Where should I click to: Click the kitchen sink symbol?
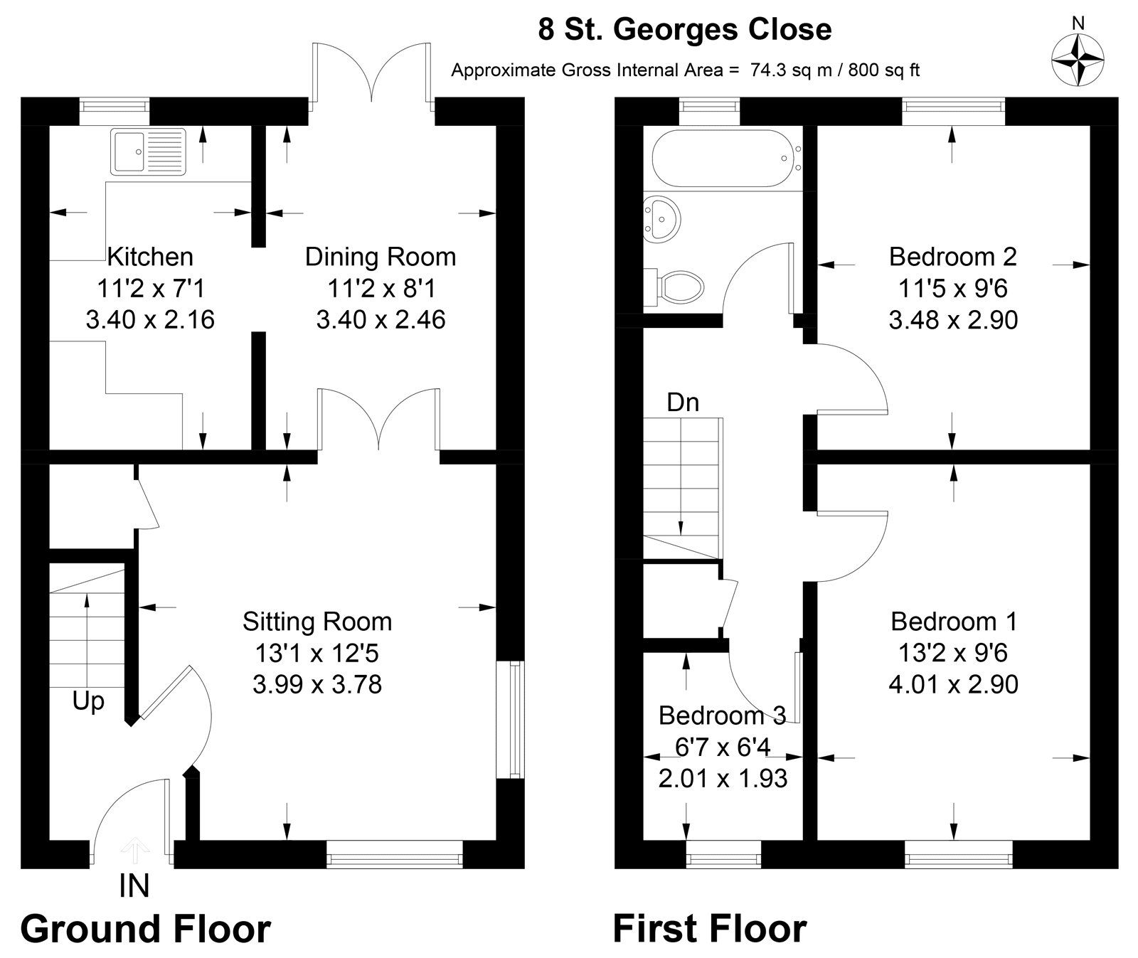point(148,151)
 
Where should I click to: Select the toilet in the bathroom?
point(676,287)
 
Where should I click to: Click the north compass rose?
point(1078,60)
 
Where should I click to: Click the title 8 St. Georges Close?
point(685,30)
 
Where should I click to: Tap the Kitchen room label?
point(149,257)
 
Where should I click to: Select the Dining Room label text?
point(381,257)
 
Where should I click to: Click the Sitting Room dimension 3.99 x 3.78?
point(317,684)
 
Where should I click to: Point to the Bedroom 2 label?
point(952,257)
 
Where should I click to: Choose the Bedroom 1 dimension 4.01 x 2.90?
point(953,684)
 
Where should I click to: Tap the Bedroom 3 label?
point(722,715)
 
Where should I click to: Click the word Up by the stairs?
point(88,702)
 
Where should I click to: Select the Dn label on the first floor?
point(683,403)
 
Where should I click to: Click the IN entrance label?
point(134,886)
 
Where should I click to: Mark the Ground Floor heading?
point(146,929)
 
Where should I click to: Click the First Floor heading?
point(709,929)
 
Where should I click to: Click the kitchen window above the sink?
point(114,106)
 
